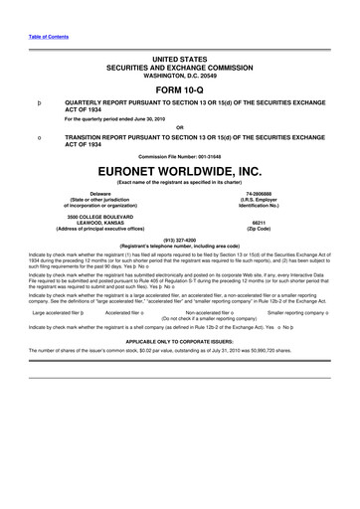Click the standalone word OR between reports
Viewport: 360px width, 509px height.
179,126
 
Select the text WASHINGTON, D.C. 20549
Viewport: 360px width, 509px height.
179,68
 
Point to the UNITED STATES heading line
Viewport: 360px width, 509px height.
179,53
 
